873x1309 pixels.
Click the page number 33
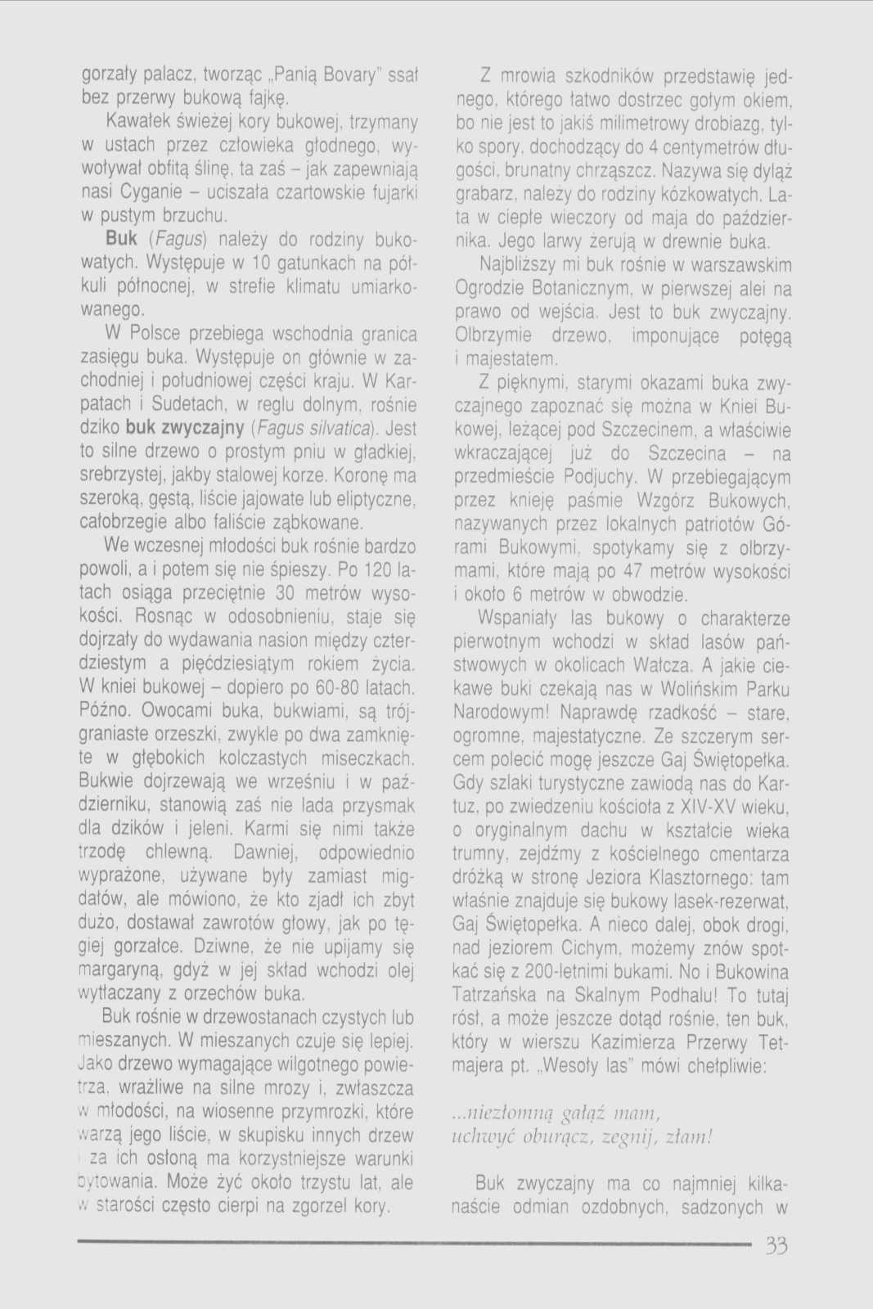(x=776, y=1246)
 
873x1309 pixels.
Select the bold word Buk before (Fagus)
(x=121, y=240)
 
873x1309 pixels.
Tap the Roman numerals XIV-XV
(x=712, y=807)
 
